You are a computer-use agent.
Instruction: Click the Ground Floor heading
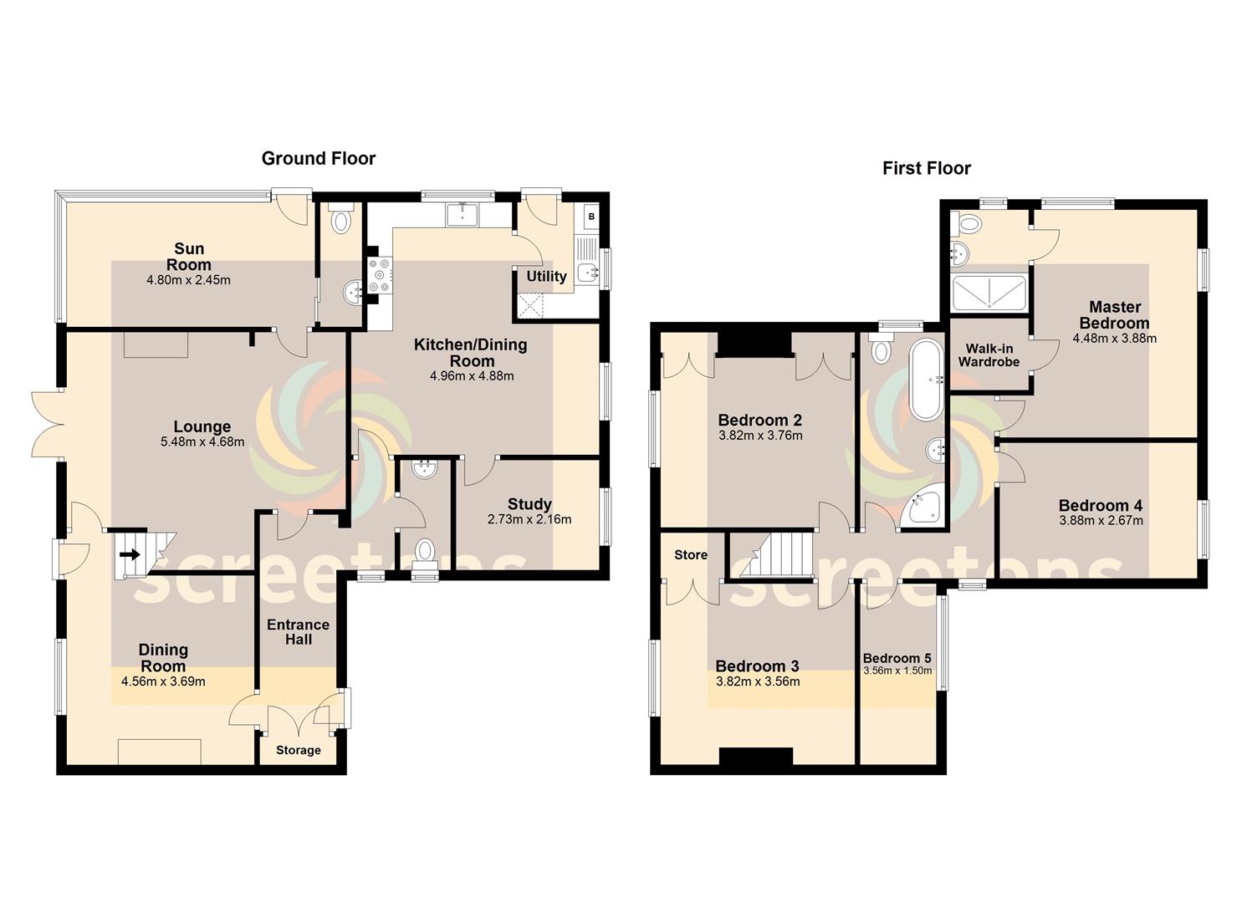point(319,159)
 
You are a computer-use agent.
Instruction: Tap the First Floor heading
point(927,169)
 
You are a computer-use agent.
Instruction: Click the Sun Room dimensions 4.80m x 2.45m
point(188,280)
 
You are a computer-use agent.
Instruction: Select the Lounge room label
point(202,426)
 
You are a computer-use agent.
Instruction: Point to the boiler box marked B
point(591,217)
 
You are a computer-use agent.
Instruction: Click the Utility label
point(546,276)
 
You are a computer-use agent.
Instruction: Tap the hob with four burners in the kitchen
point(380,276)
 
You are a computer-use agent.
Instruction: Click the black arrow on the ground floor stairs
point(130,554)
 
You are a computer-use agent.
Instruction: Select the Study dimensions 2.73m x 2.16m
point(529,519)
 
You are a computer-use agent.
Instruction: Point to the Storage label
point(299,750)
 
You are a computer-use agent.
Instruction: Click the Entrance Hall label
point(299,632)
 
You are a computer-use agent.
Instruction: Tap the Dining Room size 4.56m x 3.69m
point(163,681)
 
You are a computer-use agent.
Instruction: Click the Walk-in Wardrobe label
point(989,355)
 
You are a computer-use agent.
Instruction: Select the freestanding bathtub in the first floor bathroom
point(925,379)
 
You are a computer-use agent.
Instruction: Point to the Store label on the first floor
point(691,555)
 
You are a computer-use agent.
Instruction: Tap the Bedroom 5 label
point(897,658)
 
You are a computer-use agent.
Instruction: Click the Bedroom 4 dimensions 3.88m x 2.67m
point(1101,521)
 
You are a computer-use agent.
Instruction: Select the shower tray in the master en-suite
point(989,293)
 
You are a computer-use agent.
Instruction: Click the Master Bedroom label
point(1115,315)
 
